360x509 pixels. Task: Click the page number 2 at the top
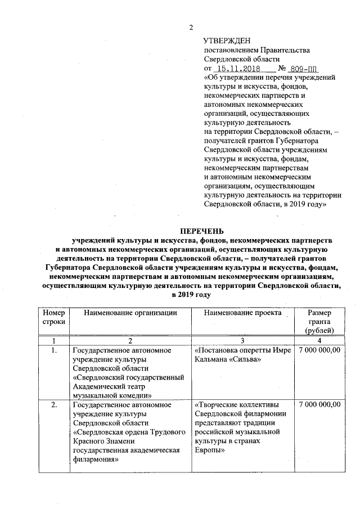click(191, 28)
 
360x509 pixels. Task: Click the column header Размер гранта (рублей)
click(320, 321)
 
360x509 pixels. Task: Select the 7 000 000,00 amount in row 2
click(320, 405)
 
